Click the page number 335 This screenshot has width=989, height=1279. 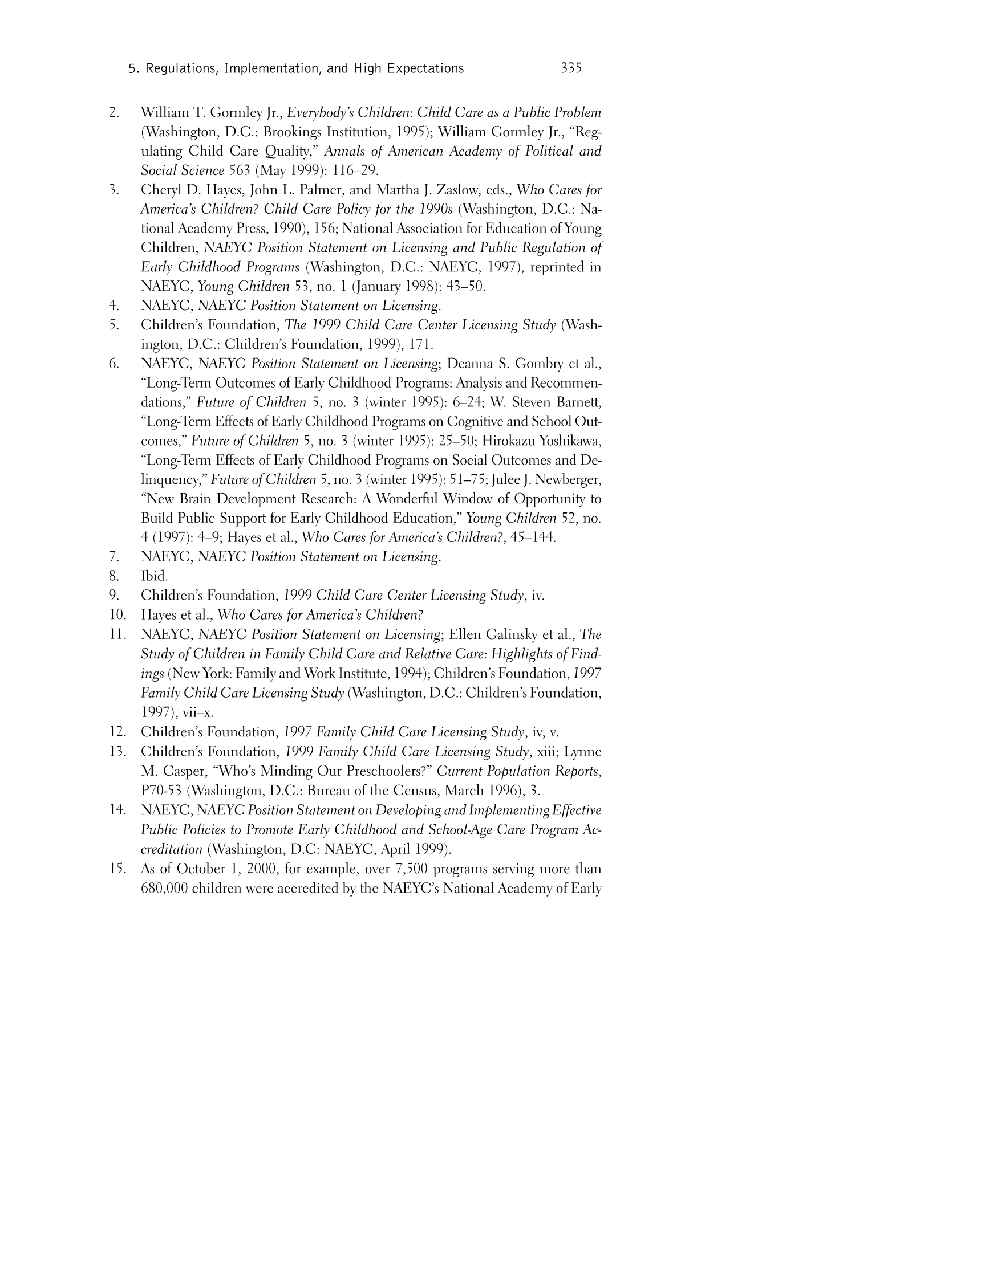(571, 68)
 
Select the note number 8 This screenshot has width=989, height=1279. (114, 576)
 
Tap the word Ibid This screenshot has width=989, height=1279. (154, 576)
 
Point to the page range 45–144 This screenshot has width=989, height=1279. (533, 537)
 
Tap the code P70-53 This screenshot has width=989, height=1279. (161, 791)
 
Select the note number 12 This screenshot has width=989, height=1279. (117, 732)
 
